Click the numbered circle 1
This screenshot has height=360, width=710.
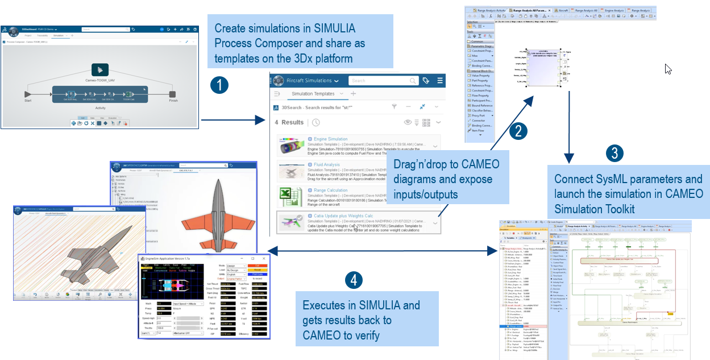(219, 85)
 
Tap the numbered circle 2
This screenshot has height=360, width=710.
(517, 131)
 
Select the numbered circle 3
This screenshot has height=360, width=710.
(614, 152)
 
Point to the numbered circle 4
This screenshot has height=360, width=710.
(354, 279)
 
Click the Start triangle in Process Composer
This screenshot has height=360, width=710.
(27, 94)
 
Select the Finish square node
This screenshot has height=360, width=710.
(173, 94)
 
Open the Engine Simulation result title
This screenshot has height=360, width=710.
(331, 139)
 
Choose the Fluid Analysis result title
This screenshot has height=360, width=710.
(327, 164)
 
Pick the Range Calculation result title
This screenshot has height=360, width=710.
(330, 190)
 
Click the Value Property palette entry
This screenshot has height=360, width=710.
(480, 75)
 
